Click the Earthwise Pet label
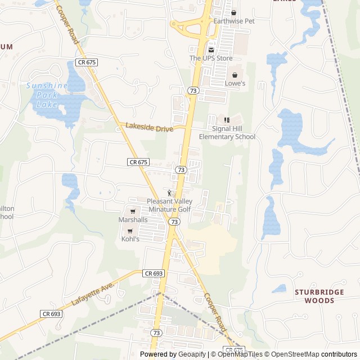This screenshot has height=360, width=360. tap(234, 21)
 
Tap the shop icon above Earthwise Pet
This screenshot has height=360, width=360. tap(234, 12)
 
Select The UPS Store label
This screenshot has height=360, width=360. tap(211, 58)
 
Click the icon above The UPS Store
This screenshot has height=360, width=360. tap(211, 49)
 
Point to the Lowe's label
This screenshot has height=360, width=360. tap(235, 83)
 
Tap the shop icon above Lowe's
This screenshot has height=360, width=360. tap(235, 75)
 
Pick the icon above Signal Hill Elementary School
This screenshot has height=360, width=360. tap(227, 120)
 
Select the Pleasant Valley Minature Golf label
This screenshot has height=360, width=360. tap(169, 205)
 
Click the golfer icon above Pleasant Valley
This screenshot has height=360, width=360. tap(169, 193)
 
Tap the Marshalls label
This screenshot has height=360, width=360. tap(133, 220)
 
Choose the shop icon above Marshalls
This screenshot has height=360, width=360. tap(133, 211)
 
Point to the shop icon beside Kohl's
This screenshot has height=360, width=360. tap(130, 231)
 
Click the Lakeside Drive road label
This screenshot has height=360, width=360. tap(149, 128)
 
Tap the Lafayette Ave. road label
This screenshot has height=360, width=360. tap(93, 294)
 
